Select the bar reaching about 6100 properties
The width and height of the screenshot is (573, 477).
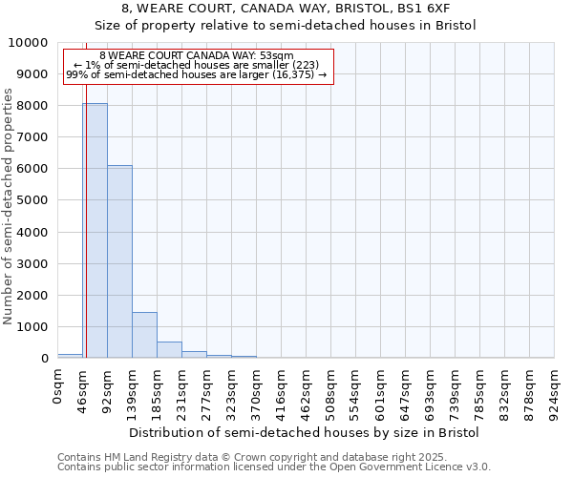click(119, 261)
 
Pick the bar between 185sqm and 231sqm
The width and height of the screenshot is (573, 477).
click(169, 349)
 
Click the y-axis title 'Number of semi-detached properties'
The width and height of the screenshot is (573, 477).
click(9, 206)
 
